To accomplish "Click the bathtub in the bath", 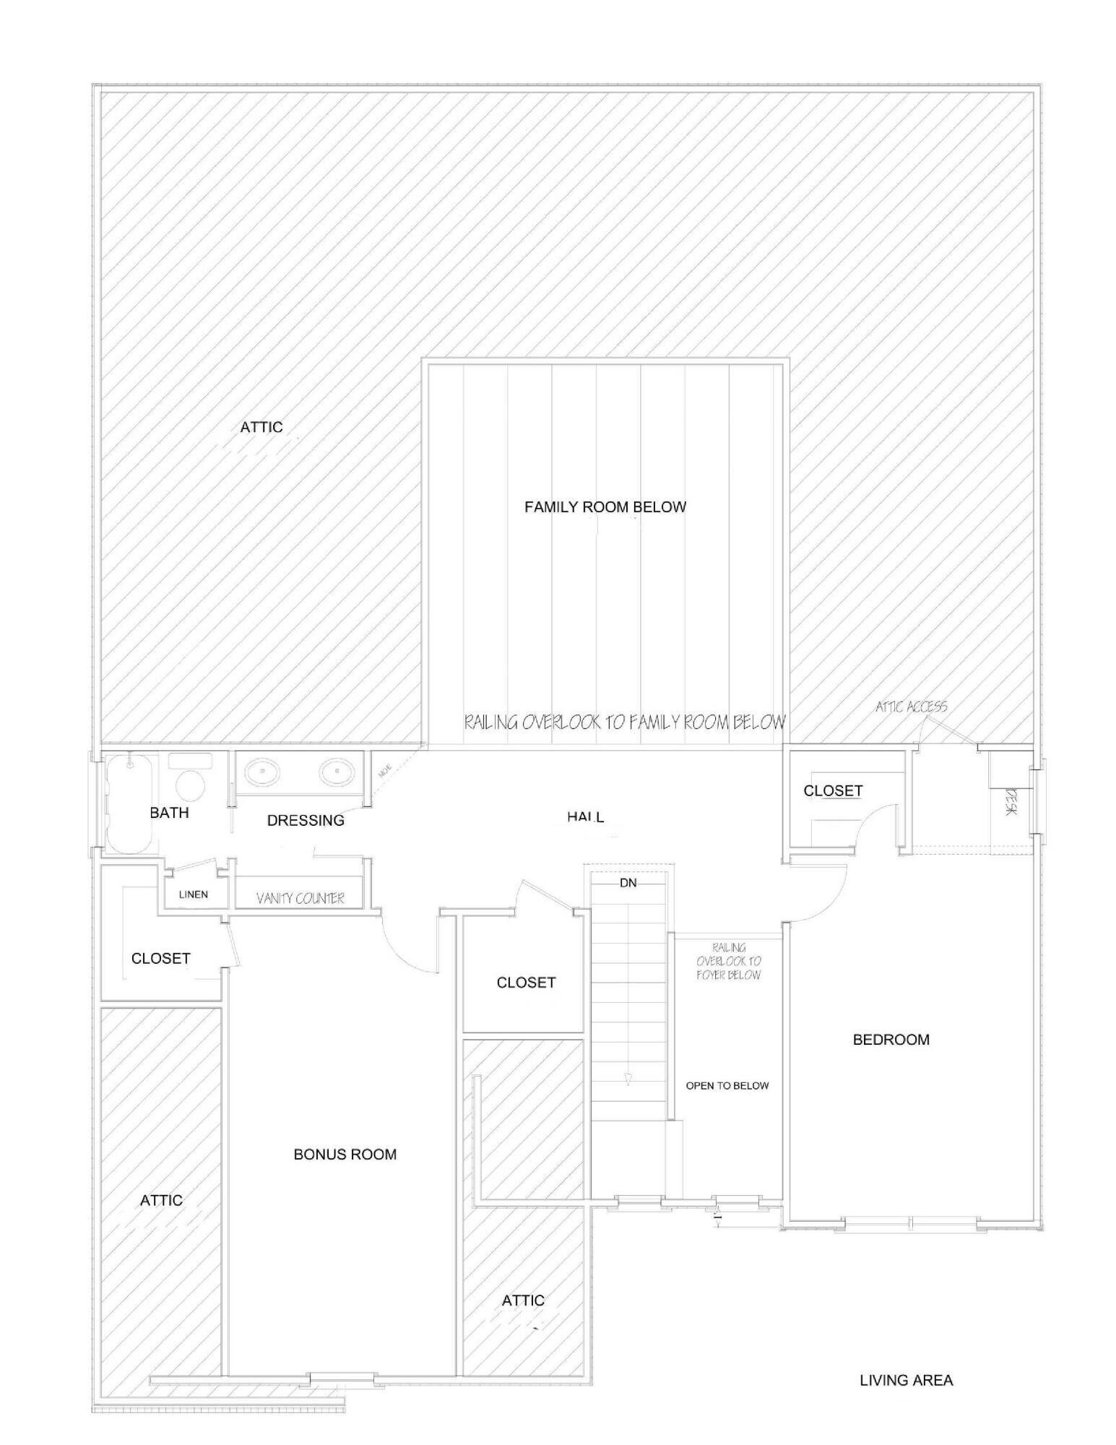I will click(x=131, y=803).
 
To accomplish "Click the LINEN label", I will click(x=193, y=894).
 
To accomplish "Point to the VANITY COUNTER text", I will click(x=300, y=898).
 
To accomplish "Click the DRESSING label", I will click(x=306, y=820).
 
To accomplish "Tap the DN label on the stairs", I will click(x=628, y=883).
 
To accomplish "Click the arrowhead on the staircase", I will click(x=628, y=1079).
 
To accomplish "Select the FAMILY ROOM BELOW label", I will click(x=605, y=507).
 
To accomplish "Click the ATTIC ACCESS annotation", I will click(x=911, y=707).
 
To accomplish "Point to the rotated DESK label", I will click(x=1011, y=802).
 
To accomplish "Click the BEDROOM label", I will click(x=891, y=1040).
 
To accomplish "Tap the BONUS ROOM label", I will click(x=345, y=1155).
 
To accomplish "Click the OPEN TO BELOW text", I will click(x=727, y=1086).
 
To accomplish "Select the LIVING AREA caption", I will click(x=906, y=1381).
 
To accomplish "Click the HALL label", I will click(x=585, y=817).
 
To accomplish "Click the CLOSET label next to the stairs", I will click(x=526, y=983).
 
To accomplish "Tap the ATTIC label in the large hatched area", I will click(x=261, y=427).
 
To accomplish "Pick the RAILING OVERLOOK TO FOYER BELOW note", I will click(x=728, y=961).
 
